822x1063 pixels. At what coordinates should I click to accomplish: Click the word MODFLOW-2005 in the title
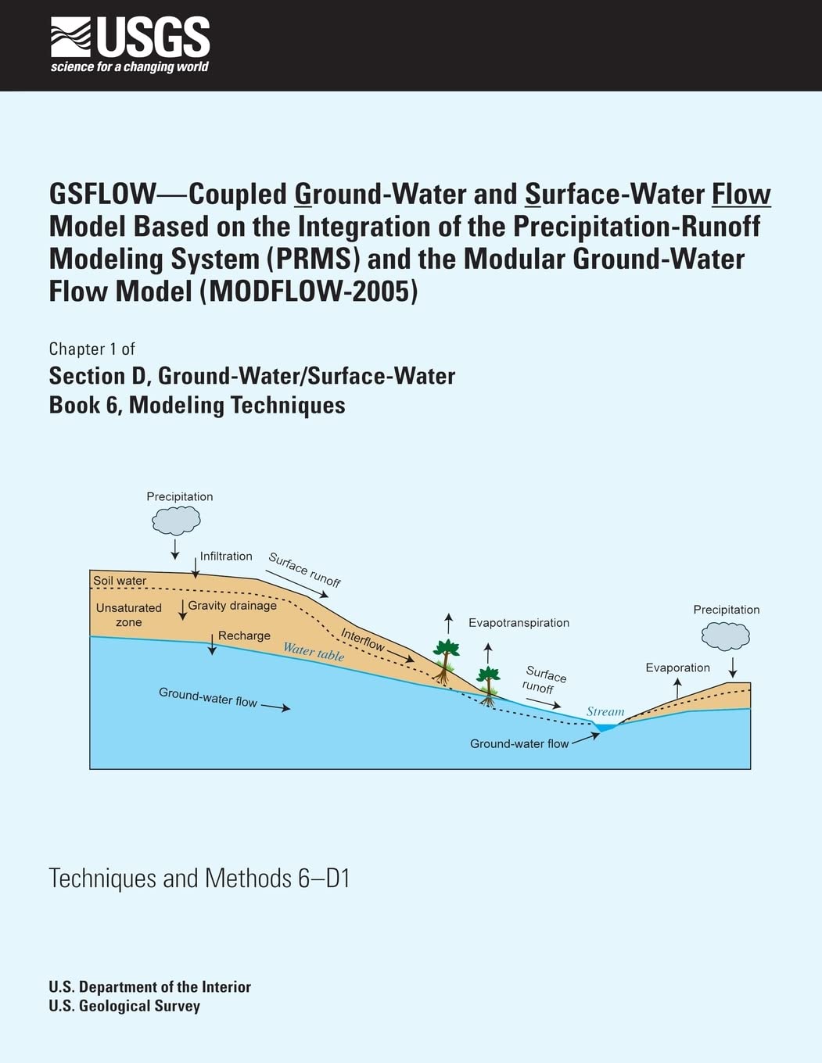(309, 291)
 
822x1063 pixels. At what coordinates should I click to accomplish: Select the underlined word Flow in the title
(741, 194)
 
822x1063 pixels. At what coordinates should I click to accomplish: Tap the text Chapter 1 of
(92, 349)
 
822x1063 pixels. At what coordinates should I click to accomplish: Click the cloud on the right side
(725, 636)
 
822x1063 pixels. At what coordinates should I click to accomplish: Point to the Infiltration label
(226, 557)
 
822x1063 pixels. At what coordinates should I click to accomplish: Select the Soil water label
(120, 581)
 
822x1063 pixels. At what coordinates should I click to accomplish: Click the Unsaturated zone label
(129, 615)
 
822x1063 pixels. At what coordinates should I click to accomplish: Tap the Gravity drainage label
(232, 606)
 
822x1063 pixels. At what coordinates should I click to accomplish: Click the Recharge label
(244, 636)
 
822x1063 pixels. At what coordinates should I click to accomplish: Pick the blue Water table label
(314, 651)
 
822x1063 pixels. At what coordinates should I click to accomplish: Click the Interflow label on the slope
(363, 640)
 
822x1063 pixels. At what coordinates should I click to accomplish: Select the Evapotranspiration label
(519, 623)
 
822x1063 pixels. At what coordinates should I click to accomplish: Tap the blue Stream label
(605, 712)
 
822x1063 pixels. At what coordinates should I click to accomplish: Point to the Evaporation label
(677, 668)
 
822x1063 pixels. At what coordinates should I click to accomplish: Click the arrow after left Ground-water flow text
(275, 707)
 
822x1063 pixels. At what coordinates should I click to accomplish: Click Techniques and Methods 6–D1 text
(199, 879)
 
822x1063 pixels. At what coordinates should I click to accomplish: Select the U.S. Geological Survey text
(124, 1006)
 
